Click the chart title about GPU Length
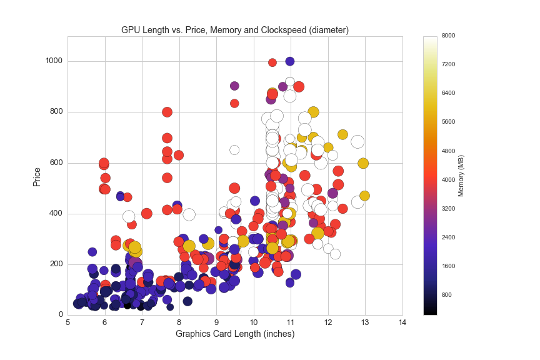pos(234,30)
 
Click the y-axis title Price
pos(37,176)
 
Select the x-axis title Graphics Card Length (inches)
pos(234,334)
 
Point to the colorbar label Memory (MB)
pos(461,176)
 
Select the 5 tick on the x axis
pos(67,322)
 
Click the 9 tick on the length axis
pos(216,322)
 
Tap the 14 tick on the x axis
pos(402,322)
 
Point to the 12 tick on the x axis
pos(327,322)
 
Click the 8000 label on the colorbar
pos(449,36)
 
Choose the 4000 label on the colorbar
pos(449,179)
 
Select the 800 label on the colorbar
pos(447,294)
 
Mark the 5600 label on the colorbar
pos(449,122)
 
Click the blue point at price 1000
pos(290,61)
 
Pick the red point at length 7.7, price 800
pos(167,112)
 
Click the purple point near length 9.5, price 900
pos(234,86)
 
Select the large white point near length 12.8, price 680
pos(357,142)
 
